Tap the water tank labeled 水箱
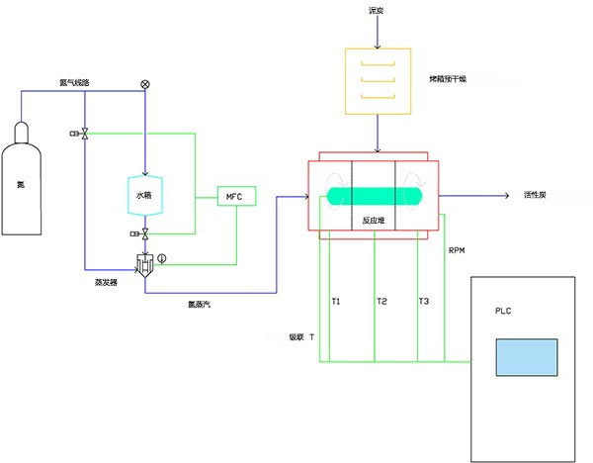[x=145, y=195]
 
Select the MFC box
[x=235, y=197]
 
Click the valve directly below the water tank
[x=145, y=233]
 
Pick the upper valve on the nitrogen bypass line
[x=86, y=134]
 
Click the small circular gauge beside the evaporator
[x=163, y=260]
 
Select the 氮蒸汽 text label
[x=198, y=305]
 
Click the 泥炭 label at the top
[x=375, y=11]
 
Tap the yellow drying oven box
[x=375, y=79]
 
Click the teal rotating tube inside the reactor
[x=375, y=196]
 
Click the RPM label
[x=457, y=251]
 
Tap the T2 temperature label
[x=381, y=301]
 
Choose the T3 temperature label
[x=424, y=301]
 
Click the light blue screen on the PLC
[x=526, y=357]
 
